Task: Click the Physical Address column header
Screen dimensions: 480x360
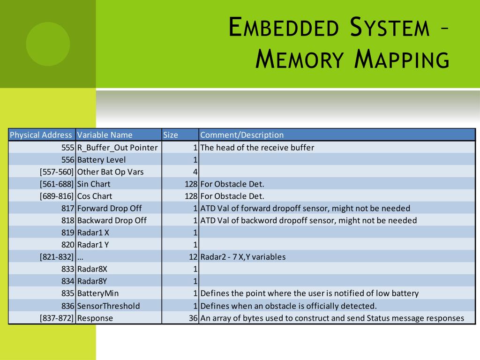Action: click(x=41, y=135)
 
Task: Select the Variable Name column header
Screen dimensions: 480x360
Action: click(x=105, y=135)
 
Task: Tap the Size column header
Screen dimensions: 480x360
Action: click(x=171, y=135)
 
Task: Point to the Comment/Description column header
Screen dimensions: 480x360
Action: click(x=242, y=135)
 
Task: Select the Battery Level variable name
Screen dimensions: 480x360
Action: click(x=101, y=160)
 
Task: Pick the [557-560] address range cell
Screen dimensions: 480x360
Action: click(x=57, y=172)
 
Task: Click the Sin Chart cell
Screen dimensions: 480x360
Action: click(x=94, y=184)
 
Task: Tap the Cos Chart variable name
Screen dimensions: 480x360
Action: click(x=95, y=196)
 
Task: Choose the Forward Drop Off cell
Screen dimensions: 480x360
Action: click(x=109, y=209)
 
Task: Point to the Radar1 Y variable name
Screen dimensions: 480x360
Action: click(x=93, y=245)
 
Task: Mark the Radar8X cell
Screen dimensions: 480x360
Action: click(x=92, y=269)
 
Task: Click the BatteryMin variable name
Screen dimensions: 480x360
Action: click(x=98, y=293)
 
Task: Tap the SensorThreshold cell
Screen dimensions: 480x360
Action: click(x=108, y=306)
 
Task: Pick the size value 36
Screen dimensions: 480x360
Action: click(x=193, y=318)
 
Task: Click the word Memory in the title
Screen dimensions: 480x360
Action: click(x=300, y=60)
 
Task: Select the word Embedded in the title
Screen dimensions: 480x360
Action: click(x=284, y=28)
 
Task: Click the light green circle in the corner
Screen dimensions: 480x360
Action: click(x=48, y=44)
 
